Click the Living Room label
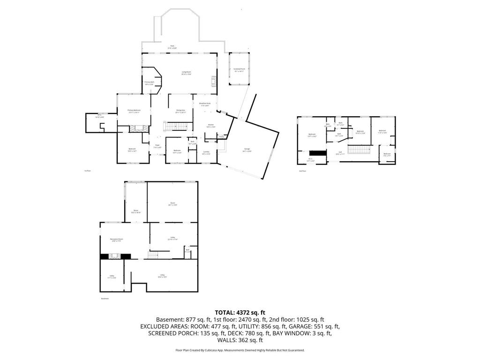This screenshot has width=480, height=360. pos(187,73)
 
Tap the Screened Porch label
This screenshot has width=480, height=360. pos(240,70)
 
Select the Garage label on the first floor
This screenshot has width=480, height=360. pos(247,150)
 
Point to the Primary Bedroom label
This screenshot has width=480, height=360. pos(134,111)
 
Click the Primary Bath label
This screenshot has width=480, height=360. pos(150,83)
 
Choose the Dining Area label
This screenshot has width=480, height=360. pos(181,112)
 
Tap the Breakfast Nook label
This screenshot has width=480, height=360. pos(205,105)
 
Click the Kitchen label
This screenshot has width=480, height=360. pos(211,126)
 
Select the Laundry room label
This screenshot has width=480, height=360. pos(206,152)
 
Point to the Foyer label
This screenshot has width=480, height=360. pos(158,146)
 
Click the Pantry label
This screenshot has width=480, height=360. pos(221,137)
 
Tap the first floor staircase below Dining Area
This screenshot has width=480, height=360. pos(177,126)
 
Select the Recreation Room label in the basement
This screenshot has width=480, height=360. pos(116,240)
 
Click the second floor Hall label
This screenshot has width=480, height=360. pos(340,153)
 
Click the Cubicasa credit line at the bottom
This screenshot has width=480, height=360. pos(240,350)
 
